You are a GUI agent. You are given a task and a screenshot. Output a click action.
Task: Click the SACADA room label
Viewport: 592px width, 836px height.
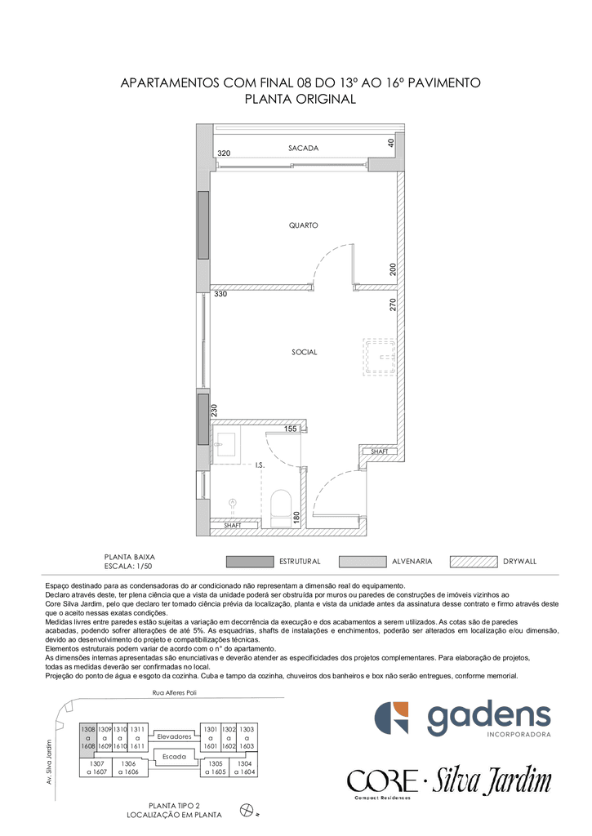point(303,149)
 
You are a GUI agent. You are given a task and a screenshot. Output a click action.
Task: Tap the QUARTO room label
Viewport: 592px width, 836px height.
point(304,225)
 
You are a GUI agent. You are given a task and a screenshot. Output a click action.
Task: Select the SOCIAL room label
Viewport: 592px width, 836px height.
point(304,352)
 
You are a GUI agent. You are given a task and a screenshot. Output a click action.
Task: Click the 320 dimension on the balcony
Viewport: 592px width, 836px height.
point(224,153)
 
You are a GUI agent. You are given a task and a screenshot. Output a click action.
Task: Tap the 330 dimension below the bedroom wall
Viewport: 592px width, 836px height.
point(220,294)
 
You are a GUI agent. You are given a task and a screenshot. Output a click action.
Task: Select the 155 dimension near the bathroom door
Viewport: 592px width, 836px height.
point(290,429)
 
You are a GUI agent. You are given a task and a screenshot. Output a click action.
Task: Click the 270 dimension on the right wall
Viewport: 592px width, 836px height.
point(393,305)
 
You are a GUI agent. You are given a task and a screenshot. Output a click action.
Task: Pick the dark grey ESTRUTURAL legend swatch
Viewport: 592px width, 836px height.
point(250,562)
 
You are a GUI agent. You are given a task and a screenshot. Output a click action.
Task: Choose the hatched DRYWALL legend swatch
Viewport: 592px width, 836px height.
point(474,562)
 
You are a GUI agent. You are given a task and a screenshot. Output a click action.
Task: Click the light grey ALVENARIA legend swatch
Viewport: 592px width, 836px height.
point(362,562)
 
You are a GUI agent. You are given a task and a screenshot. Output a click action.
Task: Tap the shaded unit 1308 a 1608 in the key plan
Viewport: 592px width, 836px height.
point(88,737)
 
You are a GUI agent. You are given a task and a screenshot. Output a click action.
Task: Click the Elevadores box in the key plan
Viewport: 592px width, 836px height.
point(174,736)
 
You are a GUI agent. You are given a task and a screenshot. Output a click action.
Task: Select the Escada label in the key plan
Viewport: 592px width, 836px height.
point(175,757)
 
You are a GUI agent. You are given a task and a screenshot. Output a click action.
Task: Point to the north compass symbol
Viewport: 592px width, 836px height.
point(247,811)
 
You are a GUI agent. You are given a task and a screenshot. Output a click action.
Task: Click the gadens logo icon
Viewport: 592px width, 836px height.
point(391,718)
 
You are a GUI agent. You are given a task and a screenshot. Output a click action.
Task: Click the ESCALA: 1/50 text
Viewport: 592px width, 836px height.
point(128,567)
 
